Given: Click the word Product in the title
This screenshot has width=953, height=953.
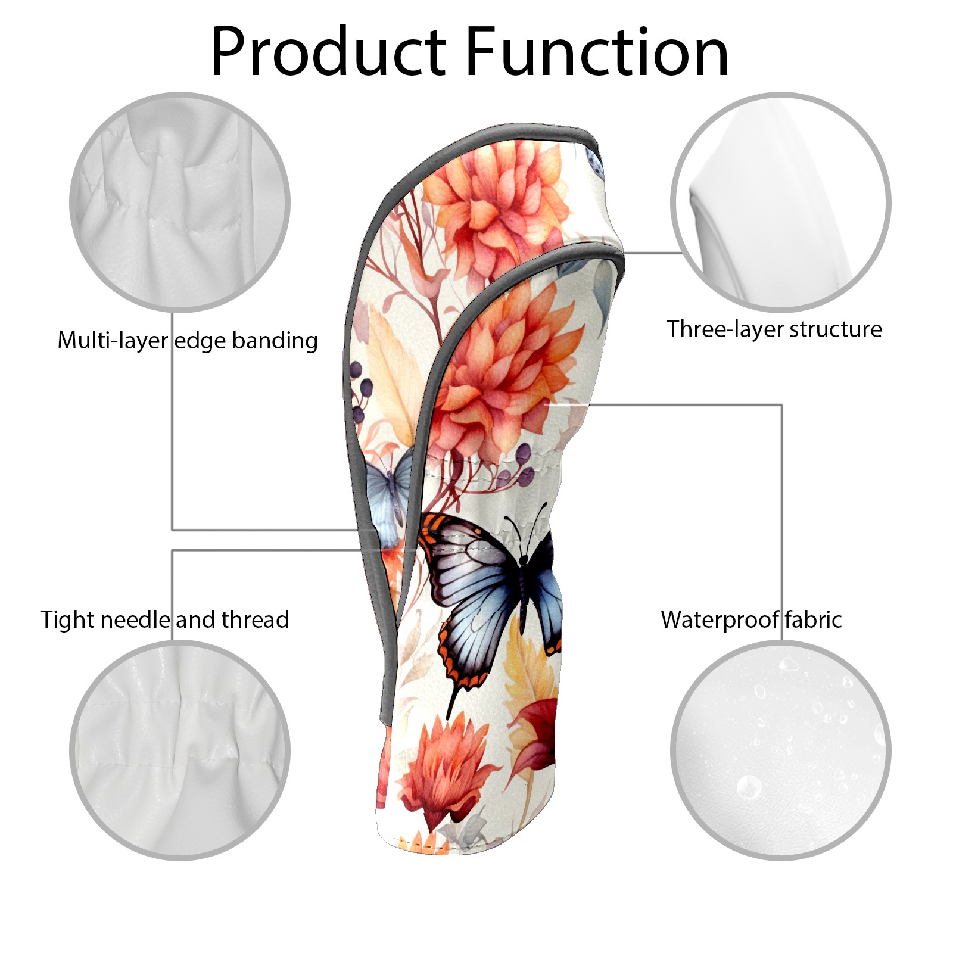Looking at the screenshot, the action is coord(328,52).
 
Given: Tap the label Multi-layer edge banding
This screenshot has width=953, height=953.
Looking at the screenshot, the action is coord(188,341).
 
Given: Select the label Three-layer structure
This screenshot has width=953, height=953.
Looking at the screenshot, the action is coord(774,329).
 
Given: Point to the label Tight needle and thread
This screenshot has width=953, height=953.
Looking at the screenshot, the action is coord(164,619).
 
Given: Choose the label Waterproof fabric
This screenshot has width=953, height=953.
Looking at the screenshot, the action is coord(751,619).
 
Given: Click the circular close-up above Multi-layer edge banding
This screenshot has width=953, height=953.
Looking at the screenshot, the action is coord(180,202).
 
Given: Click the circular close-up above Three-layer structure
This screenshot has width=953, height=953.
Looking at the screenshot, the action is coord(780,202).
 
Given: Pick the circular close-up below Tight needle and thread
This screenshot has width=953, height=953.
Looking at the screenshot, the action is coord(180,750).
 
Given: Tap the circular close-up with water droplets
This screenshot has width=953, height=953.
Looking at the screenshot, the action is coord(780,750).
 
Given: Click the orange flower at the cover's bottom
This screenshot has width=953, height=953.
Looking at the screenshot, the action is coord(444,768).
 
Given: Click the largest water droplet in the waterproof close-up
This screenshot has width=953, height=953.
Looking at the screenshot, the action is coord(748,787).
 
